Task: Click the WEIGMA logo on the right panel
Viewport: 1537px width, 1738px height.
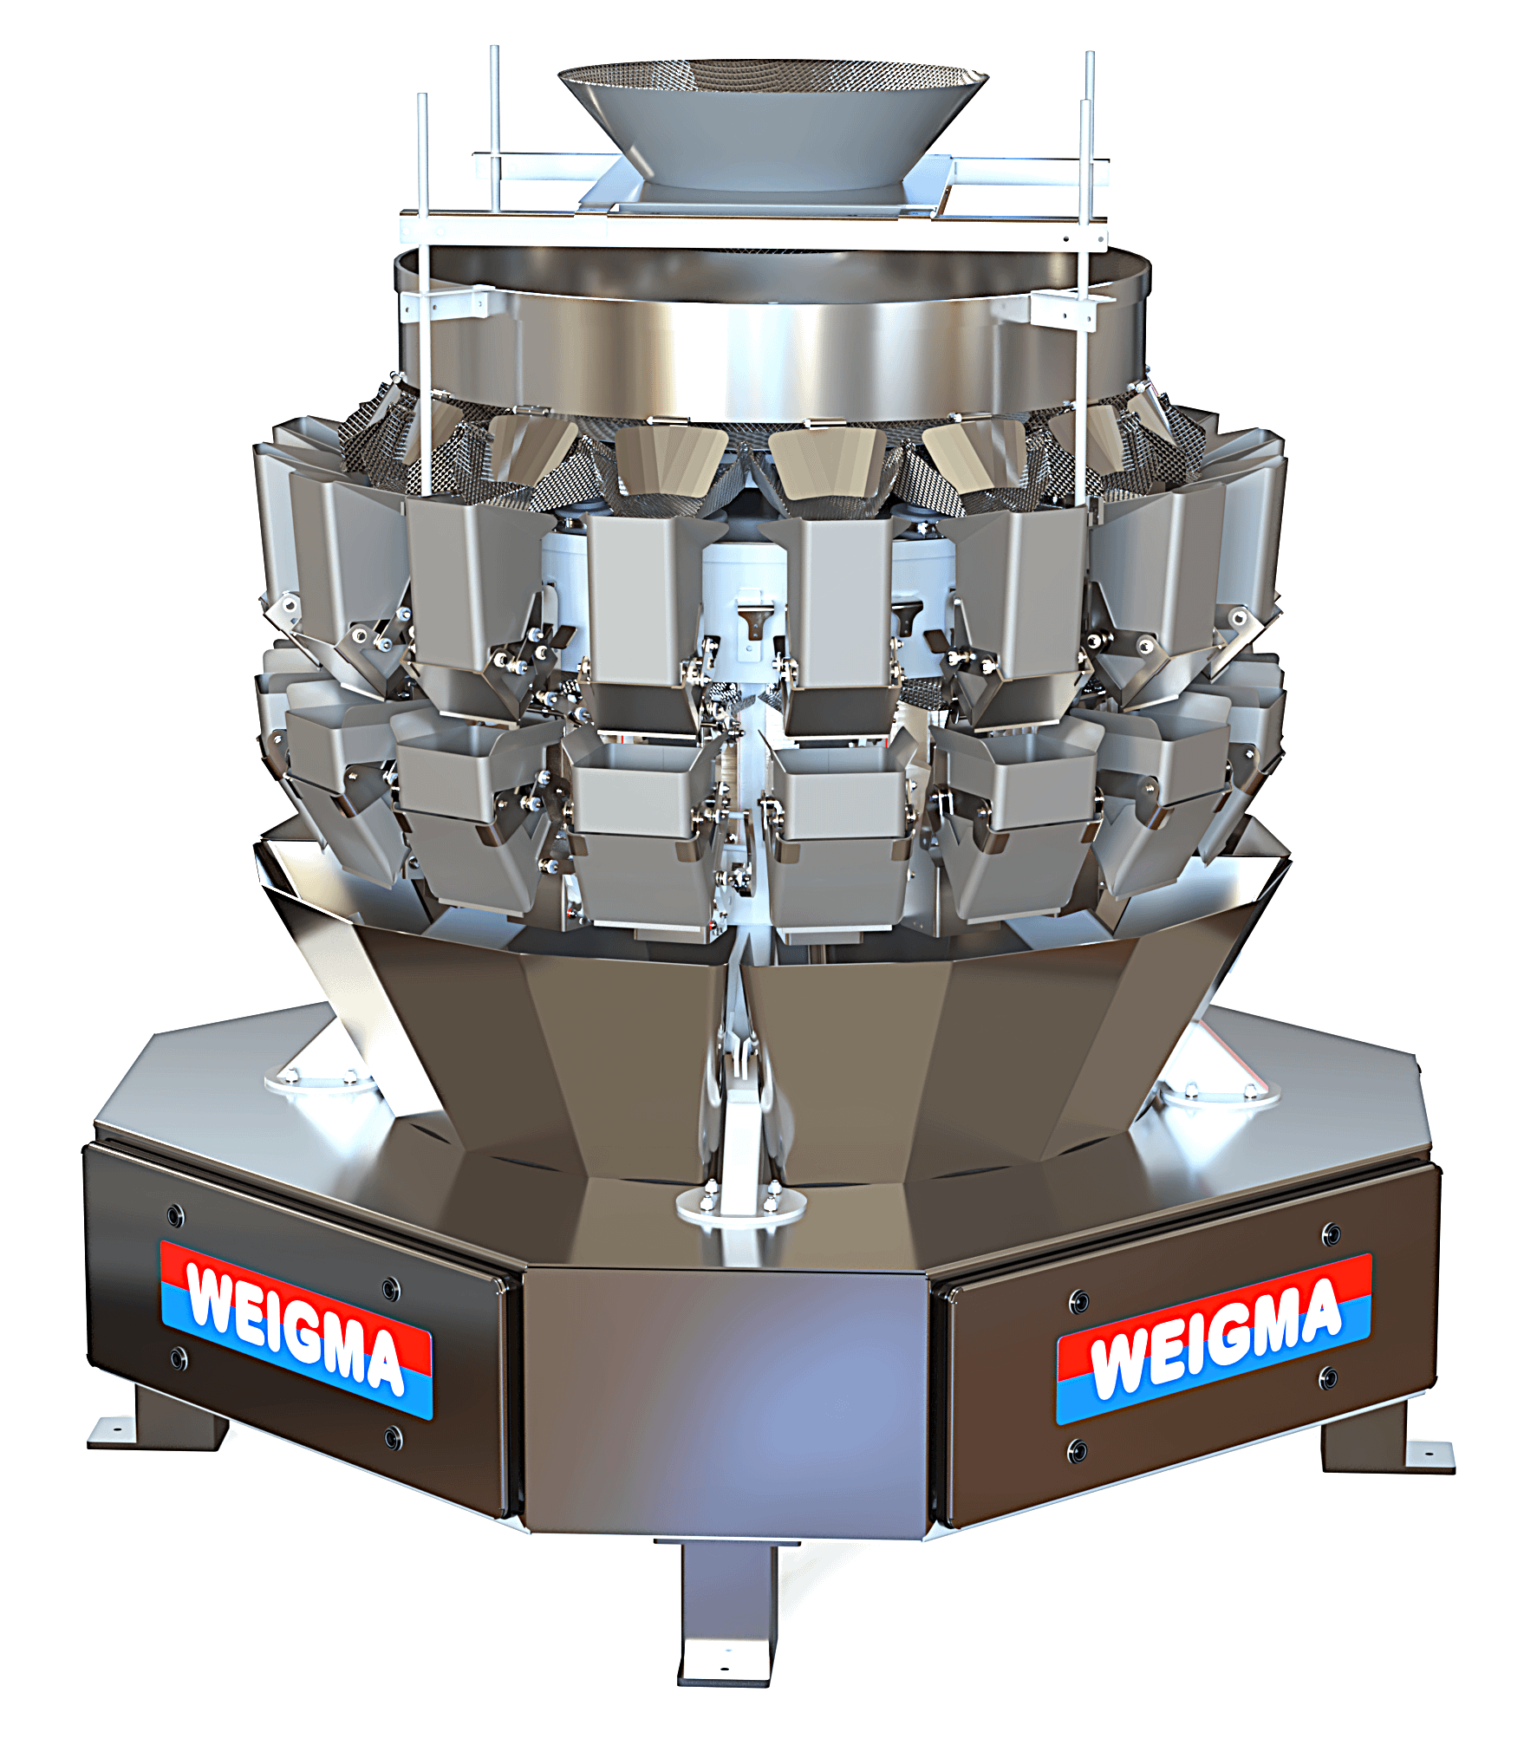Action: [1214, 1339]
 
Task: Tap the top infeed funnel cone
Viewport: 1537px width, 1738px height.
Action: [772, 121]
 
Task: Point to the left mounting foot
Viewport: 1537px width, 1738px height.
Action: [156, 1422]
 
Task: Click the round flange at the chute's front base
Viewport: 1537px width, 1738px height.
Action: [741, 1207]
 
